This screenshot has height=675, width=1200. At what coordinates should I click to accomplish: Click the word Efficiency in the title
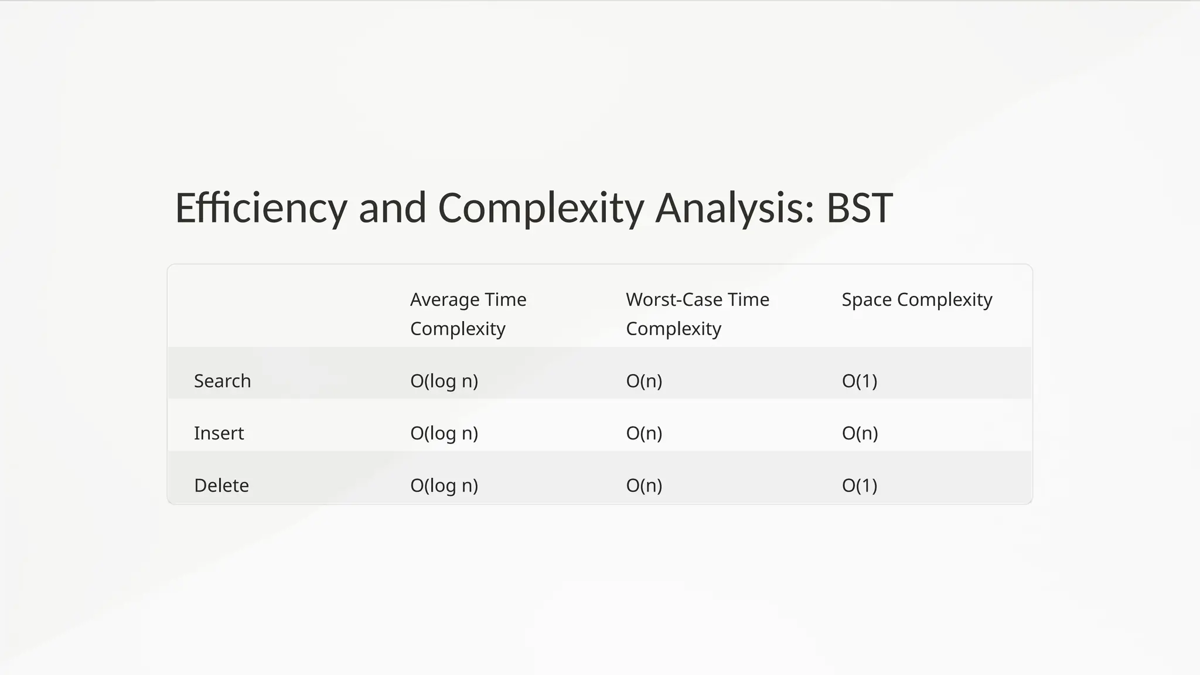pos(261,209)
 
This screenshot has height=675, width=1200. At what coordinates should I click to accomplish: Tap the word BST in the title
pos(859,209)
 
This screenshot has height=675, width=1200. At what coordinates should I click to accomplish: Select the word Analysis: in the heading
pos(735,209)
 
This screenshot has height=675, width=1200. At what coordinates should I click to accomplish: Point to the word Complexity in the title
pos(541,209)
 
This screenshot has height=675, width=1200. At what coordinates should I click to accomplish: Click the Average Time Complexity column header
pos(468,314)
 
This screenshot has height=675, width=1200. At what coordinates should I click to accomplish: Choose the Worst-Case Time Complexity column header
pos(697,314)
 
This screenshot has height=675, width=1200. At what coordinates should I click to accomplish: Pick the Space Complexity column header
pos(916,300)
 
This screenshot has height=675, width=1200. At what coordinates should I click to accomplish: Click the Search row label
pos(222,381)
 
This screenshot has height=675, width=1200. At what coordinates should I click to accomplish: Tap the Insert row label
pos(219,433)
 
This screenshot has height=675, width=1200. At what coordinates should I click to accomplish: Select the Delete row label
pos(221,485)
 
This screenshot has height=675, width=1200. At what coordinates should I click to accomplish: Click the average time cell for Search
pos(444,381)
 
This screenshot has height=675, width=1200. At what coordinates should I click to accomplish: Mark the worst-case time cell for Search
pos(643,381)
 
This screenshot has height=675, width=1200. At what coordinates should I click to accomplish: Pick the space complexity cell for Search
pos(859,381)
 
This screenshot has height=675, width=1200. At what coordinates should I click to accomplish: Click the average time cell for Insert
pos(444,433)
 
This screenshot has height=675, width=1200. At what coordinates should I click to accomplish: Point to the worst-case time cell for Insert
pos(643,433)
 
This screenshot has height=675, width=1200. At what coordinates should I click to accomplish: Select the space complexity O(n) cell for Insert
pos(860,433)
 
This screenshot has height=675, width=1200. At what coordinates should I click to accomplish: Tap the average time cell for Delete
pos(444,485)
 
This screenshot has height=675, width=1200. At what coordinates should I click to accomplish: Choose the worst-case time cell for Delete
pos(643,485)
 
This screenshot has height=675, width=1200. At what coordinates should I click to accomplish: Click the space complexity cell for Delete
pos(859,485)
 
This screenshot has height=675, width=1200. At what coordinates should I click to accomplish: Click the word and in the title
pos(392,209)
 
